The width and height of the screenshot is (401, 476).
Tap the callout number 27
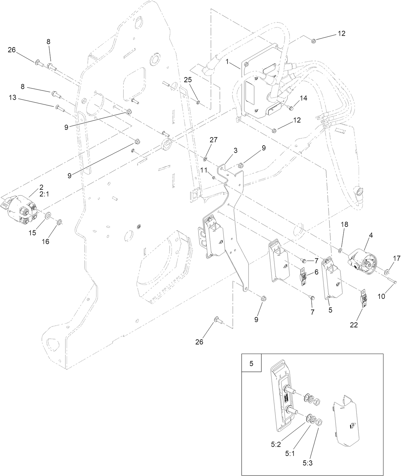[x=213, y=140]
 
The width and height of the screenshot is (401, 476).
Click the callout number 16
[x=46, y=242]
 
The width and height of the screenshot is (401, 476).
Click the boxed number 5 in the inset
[x=252, y=364]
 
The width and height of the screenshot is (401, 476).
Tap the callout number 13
[x=12, y=98]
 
